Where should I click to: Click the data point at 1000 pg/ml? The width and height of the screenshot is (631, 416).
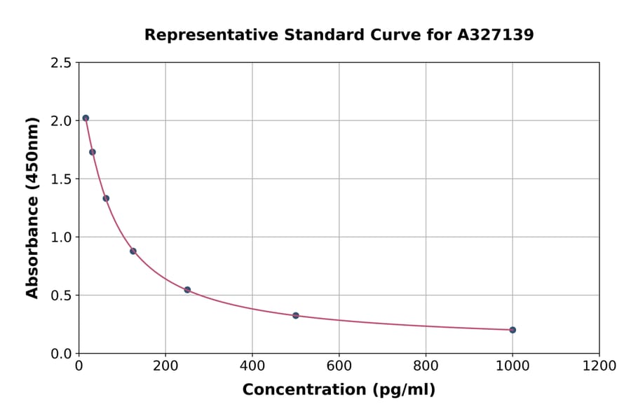click(513, 330)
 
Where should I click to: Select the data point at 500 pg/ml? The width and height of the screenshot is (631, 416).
click(296, 316)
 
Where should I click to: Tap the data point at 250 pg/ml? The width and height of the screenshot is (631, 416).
click(187, 290)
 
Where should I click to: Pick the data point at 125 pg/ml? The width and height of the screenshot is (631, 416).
click(133, 251)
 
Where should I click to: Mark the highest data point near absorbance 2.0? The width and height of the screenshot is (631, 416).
click(86, 118)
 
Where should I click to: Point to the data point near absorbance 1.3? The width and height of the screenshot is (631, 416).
click(106, 198)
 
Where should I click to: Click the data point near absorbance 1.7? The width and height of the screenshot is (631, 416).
click(93, 152)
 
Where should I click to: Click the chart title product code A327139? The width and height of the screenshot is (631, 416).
click(496, 35)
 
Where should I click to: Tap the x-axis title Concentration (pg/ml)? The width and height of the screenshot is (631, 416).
click(339, 390)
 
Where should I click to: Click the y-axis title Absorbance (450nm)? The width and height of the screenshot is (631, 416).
click(32, 207)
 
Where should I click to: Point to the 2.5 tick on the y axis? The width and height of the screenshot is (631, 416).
click(61, 63)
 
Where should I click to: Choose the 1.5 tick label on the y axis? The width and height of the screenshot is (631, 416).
click(61, 179)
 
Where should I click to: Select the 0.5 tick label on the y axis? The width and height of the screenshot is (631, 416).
click(61, 296)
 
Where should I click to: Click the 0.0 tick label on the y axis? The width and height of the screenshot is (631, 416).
click(61, 354)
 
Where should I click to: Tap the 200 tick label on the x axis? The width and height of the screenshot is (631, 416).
click(165, 366)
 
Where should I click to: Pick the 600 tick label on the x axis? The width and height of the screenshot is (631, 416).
click(339, 366)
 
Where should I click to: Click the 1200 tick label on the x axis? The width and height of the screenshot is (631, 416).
click(599, 366)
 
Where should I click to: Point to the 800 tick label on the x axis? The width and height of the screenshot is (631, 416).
click(426, 366)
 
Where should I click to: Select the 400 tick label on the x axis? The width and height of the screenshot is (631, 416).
click(252, 366)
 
